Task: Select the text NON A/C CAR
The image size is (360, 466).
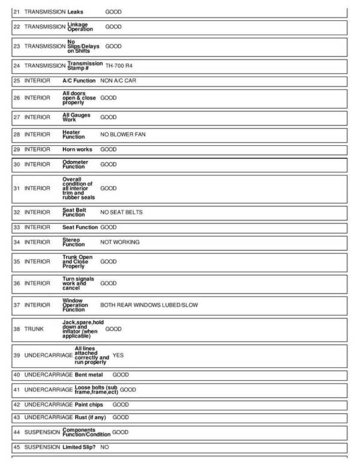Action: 118,80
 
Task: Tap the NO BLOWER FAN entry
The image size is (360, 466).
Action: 122,135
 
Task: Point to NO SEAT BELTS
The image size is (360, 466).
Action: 121,212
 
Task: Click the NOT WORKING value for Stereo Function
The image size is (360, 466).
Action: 119,242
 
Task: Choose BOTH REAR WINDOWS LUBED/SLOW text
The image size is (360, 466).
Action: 149,305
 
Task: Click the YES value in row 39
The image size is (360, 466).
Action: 118,355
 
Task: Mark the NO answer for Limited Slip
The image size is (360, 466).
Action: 104,447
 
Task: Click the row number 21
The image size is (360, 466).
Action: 17,11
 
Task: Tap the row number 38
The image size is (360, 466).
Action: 17,329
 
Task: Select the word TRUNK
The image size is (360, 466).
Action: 34,329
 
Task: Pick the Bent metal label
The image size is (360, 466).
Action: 89,375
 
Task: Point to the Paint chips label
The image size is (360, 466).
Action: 89,405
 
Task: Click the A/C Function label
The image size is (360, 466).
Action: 79,80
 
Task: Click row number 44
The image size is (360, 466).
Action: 17,432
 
